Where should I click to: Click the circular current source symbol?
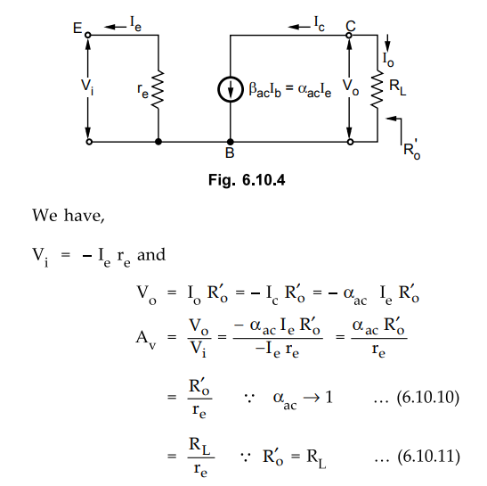[230, 89]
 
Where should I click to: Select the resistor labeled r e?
[158, 89]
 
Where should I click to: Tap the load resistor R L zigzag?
[377, 89]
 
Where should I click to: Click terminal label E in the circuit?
[77, 28]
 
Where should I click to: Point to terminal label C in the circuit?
[351, 26]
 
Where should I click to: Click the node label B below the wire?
[230, 152]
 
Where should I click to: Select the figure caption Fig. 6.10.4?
[247, 180]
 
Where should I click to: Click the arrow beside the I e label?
[115, 27]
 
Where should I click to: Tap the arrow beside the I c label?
[299, 27]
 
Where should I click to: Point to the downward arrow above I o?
[387, 43]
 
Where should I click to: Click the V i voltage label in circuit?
[87, 86]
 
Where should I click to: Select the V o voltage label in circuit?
[351, 86]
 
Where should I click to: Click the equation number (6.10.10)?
[428, 398]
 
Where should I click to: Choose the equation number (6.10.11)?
[428, 457]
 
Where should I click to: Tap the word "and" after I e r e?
[151, 255]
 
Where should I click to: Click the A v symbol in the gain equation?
[146, 338]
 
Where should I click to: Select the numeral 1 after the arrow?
[329, 397]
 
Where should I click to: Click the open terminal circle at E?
[88, 35]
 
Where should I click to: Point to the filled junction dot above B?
[230, 142]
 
